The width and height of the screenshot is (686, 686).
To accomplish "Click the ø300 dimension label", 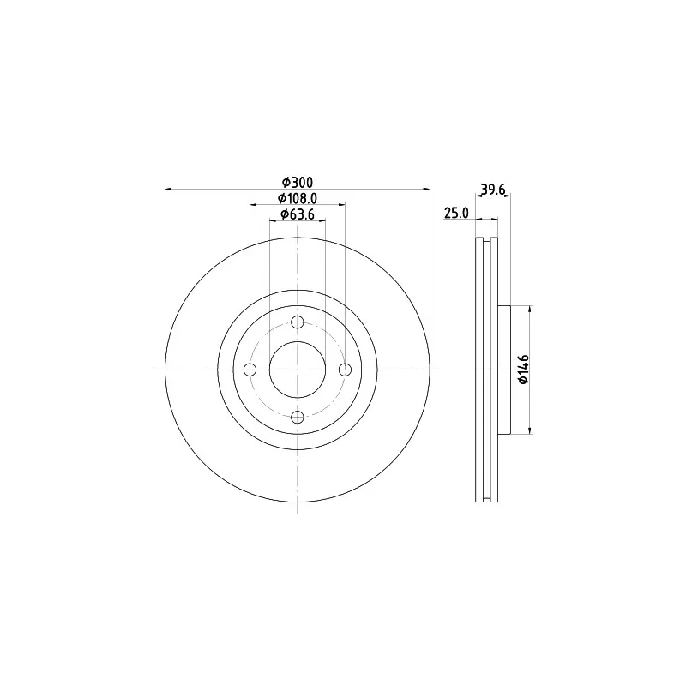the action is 297,182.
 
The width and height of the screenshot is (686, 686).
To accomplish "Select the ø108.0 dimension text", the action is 297,198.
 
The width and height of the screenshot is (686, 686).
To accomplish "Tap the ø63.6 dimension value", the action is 297,214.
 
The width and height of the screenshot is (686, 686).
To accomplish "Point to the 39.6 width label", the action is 493,190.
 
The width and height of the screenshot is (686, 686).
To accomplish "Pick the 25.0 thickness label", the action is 456,213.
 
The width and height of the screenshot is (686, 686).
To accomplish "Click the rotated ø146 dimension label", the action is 523,370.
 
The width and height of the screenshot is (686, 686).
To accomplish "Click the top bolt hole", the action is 298,322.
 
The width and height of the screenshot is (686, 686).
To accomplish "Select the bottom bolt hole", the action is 298,418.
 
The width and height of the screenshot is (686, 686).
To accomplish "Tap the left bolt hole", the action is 250,370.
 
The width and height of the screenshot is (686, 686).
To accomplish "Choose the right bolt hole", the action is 346,370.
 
